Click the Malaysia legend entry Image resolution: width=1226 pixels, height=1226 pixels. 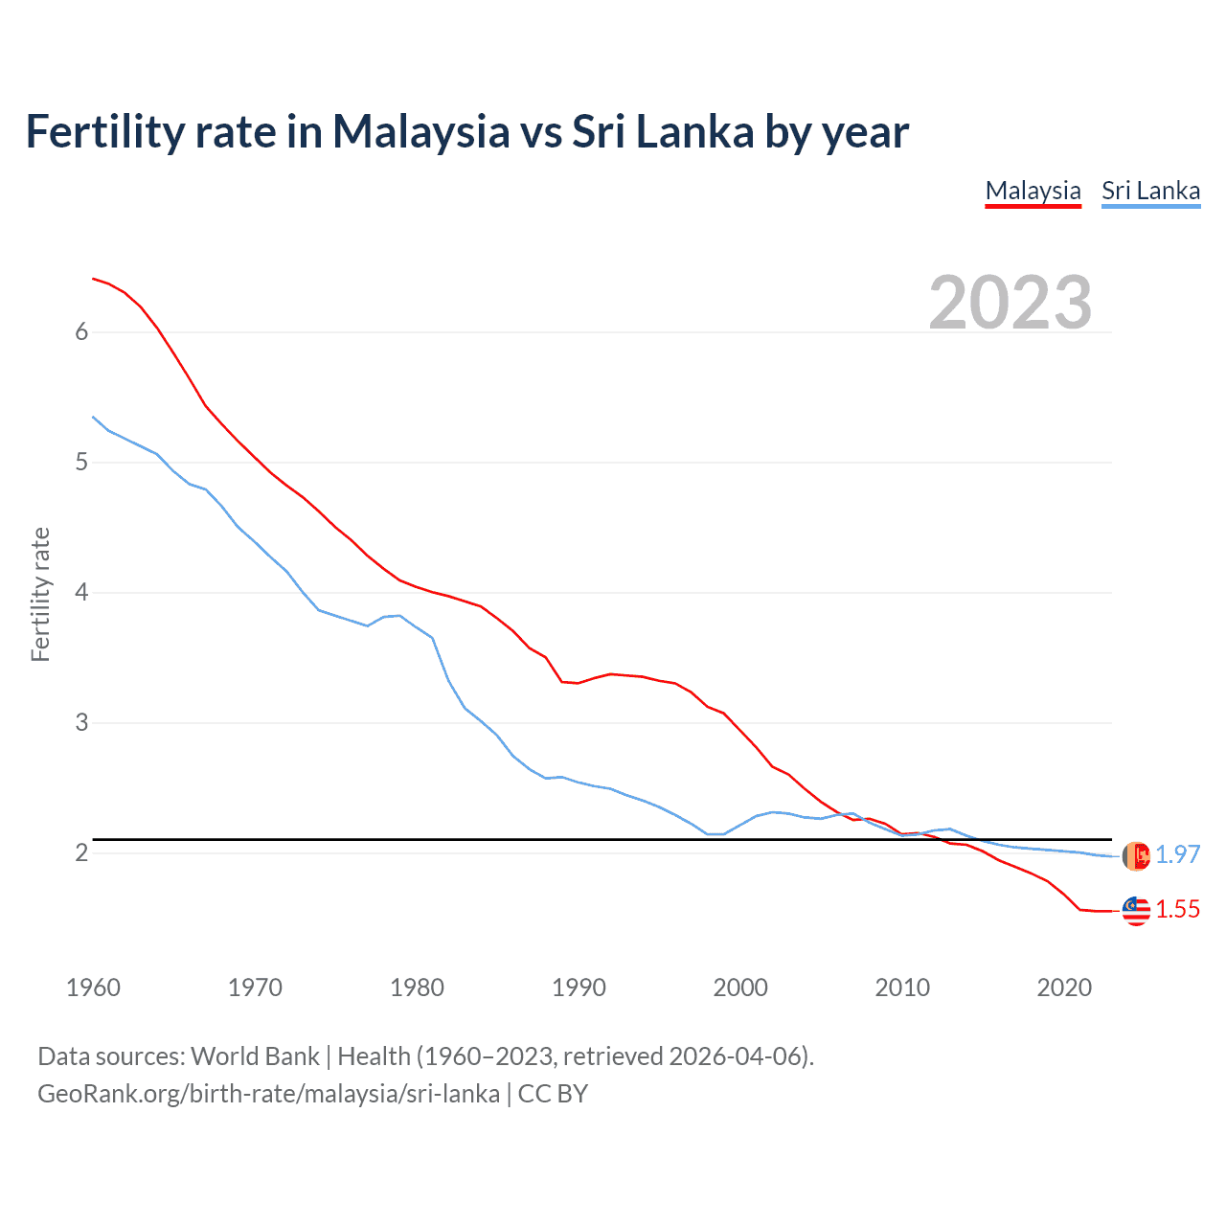[x=1033, y=191]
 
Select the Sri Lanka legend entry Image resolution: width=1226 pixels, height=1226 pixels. [x=1150, y=191]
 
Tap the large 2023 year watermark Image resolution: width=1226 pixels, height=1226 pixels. [x=1010, y=303]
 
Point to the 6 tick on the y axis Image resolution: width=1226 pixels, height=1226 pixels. [x=81, y=332]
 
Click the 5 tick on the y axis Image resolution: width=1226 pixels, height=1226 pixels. [x=81, y=463]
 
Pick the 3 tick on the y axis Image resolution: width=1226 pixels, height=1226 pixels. [x=81, y=723]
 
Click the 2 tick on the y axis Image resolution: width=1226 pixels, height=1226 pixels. [x=81, y=853]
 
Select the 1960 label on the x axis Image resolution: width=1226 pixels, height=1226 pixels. [x=93, y=988]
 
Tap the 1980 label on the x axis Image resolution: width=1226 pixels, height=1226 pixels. [x=417, y=988]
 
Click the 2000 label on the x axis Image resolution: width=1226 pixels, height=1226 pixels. [x=740, y=988]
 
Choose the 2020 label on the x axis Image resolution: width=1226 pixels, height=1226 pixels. [x=1064, y=988]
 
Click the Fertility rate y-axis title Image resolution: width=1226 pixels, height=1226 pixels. [x=40, y=594]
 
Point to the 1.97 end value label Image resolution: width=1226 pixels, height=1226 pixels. [x=1177, y=854]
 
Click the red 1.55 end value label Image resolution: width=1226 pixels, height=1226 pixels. [x=1177, y=909]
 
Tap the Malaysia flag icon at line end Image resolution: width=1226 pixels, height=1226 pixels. [x=1136, y=911]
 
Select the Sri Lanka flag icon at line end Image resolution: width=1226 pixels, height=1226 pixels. [x=1136, y=855]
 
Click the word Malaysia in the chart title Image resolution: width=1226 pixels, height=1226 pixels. [x=420, y=131]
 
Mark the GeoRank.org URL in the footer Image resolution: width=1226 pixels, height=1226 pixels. [x=268, y=1094]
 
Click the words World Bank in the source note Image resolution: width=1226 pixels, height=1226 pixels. [x=255, y=1056]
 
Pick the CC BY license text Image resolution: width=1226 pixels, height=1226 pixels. [x=553, y=1094]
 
